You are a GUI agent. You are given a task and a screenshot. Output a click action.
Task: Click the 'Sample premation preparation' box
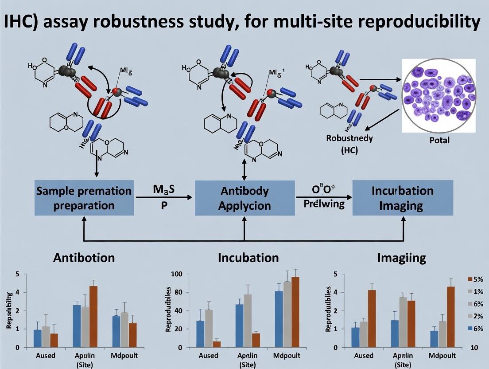click(x=84, y=198)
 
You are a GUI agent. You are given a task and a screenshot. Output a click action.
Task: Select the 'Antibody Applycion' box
click(x=244, y=198)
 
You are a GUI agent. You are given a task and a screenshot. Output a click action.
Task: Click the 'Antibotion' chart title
click(x=84, y=258)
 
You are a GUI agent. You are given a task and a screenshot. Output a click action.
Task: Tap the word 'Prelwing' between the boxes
click(x=324, y=204)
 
